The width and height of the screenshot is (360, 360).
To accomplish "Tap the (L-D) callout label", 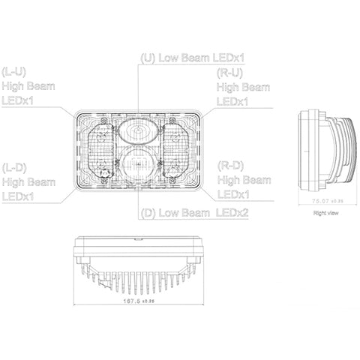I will click(x=16, y=166).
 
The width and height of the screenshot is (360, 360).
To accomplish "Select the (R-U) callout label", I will click(x=229, y=73).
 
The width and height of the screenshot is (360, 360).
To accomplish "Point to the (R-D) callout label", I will click(x=229, y=165).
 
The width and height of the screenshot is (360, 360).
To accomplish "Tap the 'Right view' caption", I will click(x=328, y=214).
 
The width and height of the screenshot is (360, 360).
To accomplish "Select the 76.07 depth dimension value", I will click(x=322, y=200).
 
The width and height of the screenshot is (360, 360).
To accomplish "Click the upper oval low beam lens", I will click(x=138, y=132).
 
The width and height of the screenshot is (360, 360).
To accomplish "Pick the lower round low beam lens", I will click(x=138, y=166).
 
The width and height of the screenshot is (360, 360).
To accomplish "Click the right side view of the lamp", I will click(x=328, y=150).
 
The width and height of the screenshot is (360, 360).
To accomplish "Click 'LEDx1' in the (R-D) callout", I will click(x=233, y=195).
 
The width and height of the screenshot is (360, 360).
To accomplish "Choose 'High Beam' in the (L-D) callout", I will click(x=31, y=181).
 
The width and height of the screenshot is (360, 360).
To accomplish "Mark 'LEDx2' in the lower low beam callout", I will click(x=232, y=214).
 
